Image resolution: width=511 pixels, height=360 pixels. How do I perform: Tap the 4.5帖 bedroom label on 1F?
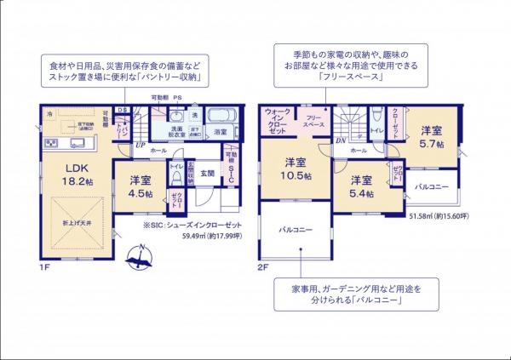point(141,187)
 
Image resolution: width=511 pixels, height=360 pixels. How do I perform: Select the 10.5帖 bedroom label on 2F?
point(295,168)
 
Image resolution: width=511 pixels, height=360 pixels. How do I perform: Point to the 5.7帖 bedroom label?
point(431,139)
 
